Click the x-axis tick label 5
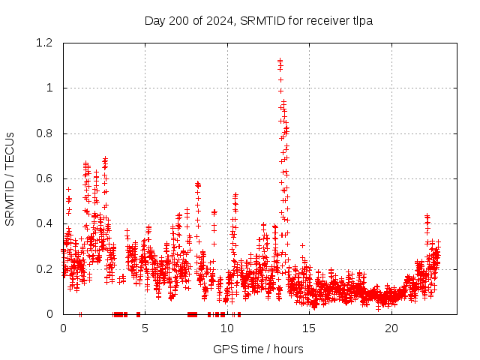(145, 328)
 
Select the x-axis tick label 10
(226, 328)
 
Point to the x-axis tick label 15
(309, 328)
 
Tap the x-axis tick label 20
(391, 328)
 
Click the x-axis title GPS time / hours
(258, 349)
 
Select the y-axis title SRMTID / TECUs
(10, 178)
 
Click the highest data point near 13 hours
(280, 61)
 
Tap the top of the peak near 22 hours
(427, 217)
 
